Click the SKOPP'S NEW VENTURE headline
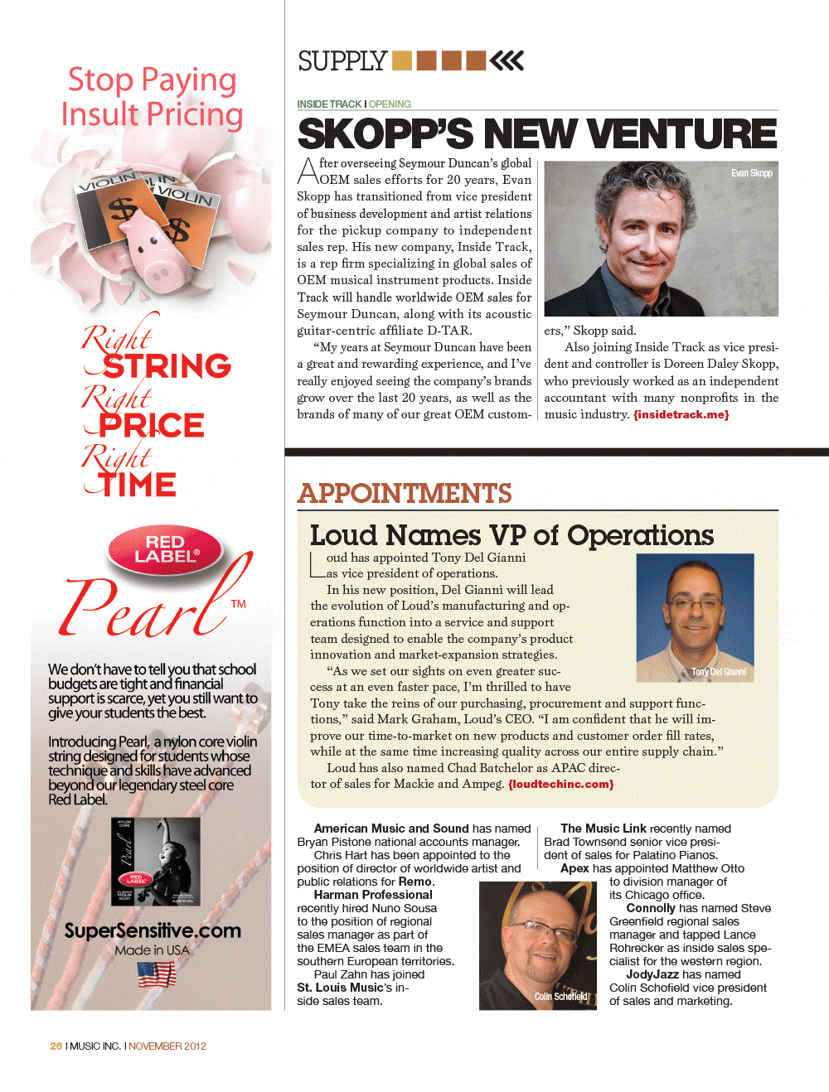tap(537, 134)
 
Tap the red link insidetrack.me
tap(681, 414)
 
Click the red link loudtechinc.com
tap(561, 784)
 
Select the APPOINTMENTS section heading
tap(405, 494)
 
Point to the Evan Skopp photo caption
tap(751, 173)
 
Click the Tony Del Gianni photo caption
tap(718, 672)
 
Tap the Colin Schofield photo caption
tap(560, 997)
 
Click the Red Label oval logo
tap(165, 549)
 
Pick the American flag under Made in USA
tap(157, 974)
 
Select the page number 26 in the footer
tap(56, 1046)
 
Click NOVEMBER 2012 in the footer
tap(167, 1046)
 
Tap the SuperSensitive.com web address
tap(153, 930)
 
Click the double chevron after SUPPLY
tap(507, 60)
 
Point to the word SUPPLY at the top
tap(342, 61)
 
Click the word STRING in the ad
tap(167, 366)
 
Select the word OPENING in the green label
tap(390, 104)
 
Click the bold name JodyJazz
tap(652, 974)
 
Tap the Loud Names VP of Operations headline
tap(511, 535)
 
